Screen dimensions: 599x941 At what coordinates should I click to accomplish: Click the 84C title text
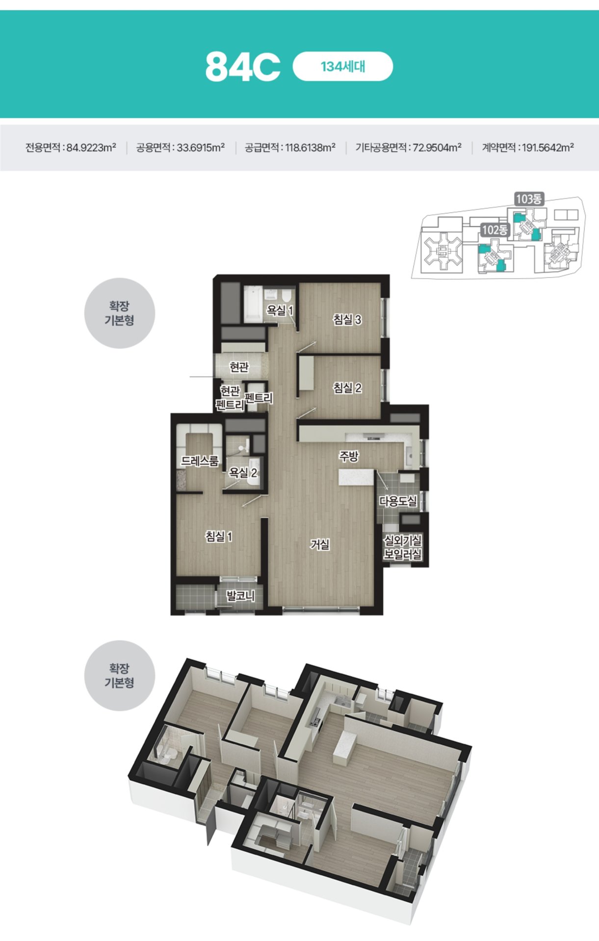(x=243, y=67)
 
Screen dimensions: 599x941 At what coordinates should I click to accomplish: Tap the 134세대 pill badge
(x=343, y=66)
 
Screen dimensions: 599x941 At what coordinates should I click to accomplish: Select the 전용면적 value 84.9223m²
(x=91, y=147)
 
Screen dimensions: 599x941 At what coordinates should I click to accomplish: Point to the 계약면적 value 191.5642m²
(x=548, y=147)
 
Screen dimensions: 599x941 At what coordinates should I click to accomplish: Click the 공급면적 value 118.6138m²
(x=311, y=147)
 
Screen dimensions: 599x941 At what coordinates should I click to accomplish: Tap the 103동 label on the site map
(x=528, y=199)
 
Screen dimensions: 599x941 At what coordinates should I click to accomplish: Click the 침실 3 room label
(x=347, y=320)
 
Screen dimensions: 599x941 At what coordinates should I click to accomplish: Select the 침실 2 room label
(x=347, y=388)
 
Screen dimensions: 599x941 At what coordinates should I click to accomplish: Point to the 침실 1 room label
(x=219, y=536)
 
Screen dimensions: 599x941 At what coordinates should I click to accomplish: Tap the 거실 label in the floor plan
(x=320, y=544)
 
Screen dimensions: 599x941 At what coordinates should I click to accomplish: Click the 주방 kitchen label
(x=349, y=456)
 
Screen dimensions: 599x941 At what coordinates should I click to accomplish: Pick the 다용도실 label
(x=398, y=501)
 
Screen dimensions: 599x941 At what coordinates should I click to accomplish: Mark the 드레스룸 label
(x=200, y=461)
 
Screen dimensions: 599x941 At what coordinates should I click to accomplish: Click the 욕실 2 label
(x=243, y=473)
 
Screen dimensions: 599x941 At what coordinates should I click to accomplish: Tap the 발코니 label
(x=240, y=596)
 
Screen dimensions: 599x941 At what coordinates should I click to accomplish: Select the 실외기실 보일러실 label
(x=403, y=548)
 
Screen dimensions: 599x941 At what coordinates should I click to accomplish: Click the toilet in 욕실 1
(x=285, y=296)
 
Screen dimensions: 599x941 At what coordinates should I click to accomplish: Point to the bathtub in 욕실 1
(x=253, y=304)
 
